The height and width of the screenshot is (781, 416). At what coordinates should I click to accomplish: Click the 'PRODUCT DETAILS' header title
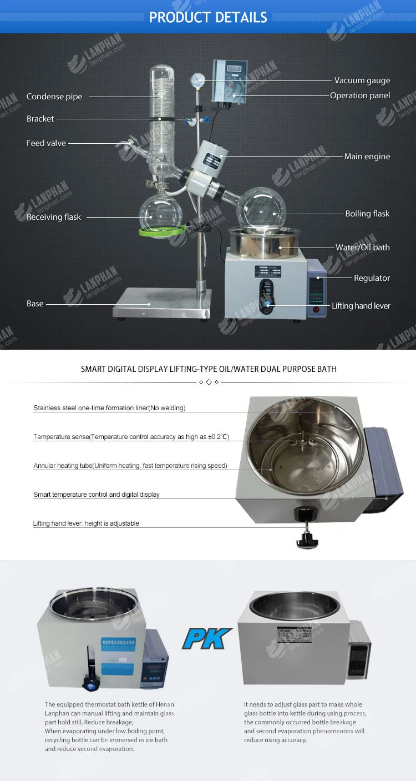pos(208,17)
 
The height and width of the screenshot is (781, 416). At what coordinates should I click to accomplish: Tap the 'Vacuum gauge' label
pos(362,80)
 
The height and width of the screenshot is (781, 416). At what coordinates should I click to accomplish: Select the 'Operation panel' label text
pos(360,95)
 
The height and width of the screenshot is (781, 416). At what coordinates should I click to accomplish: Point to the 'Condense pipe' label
pos(54,97)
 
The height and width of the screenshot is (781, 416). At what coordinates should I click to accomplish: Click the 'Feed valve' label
pos(46,143)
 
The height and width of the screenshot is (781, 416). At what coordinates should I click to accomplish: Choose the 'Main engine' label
pos(367,157)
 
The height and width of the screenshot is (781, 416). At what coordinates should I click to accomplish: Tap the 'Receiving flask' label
pos(54,217)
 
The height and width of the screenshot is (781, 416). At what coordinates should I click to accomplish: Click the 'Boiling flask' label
pos(367,214)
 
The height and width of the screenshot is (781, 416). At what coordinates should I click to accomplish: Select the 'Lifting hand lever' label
pos(361,306)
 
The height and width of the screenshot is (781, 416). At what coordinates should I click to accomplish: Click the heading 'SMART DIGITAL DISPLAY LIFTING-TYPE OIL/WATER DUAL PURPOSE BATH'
pos(209,369)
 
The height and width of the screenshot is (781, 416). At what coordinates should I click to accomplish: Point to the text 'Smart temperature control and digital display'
pos(97,495)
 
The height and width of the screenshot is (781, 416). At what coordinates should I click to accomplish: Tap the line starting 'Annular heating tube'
pos(130,466)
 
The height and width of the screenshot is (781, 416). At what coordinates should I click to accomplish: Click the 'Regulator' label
pos(372,278)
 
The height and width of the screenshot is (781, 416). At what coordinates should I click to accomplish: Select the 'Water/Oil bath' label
pos(362,248)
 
